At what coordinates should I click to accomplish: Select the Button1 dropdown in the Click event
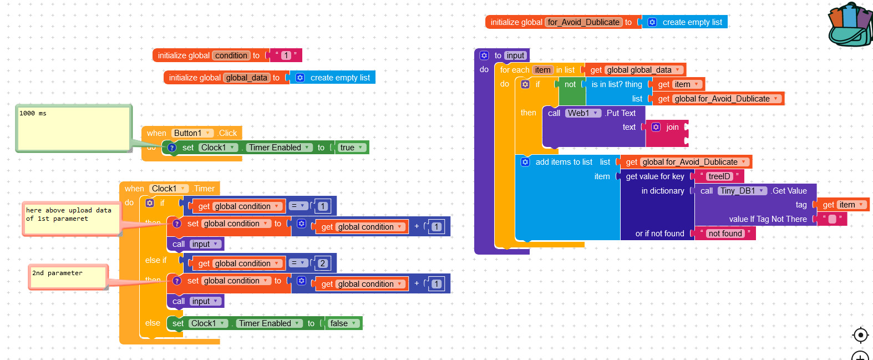pyautogui.click(x=192, y=133)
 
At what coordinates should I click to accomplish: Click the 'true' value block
pyautogui.click(x=352, y=148)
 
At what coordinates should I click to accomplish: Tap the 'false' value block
pyautogui.click(x=343, y=323)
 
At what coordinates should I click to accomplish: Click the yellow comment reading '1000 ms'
pyautogui.click(x=73, y=128)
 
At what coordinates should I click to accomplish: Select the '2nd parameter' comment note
pyautogui.click(x=68, y=276)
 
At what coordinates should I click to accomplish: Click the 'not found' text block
pyautogui.click(x=725, y=234)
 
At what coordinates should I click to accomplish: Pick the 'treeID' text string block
pyautogui.click(x=719, y=176)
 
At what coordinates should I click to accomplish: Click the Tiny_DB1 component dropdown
pyautogui.click(x=742, y=191)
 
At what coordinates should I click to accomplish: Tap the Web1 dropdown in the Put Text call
pyautogui.click(x=583, y=113)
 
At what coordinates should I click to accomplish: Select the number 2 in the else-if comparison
pyautogui.click(x=323, y=263)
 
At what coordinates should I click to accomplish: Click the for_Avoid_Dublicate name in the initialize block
pyautogui.click(x=583, y=22)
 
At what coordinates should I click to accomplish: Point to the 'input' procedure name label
pyautogui.click(x=515, y=55)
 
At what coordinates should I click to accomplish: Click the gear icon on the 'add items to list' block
pyautogui.click(x=525, y=162)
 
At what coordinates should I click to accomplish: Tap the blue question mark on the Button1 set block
pyautogui.click(x=172, y=148)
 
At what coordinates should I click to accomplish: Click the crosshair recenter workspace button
pyautogui.click(x=860, y=335)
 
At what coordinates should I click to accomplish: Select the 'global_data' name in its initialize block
pyautogui.click(x=247, y=78)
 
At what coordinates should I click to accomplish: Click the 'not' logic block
pyautogui.click(x=570, y=84)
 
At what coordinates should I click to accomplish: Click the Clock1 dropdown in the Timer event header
pyautogui.click(x=169, y=189)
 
